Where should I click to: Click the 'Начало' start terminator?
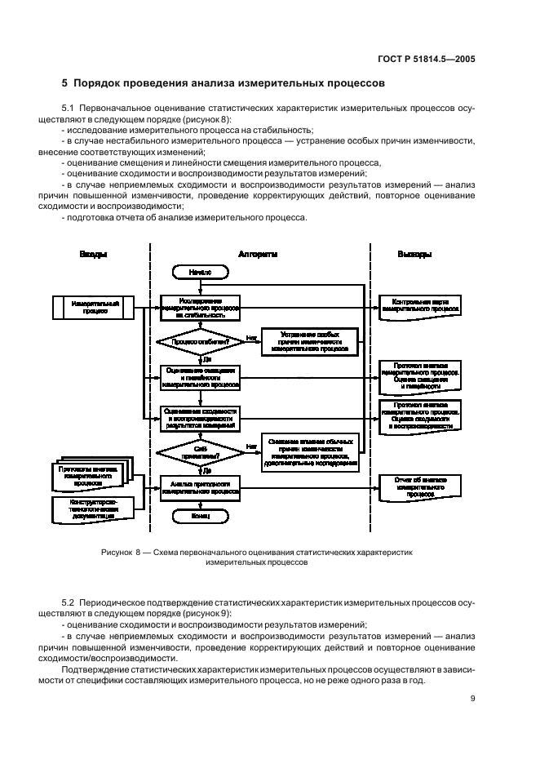[x=199, y=271]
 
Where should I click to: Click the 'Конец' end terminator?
[x=199, y=517]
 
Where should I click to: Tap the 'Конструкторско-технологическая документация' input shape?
[x=92, y=509]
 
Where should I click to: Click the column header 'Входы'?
[x=92, y=255]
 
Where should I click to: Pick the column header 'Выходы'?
[x=414, y=255]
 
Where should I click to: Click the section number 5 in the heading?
[x=65, y=83]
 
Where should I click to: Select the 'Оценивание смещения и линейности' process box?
[x=199, y=376]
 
